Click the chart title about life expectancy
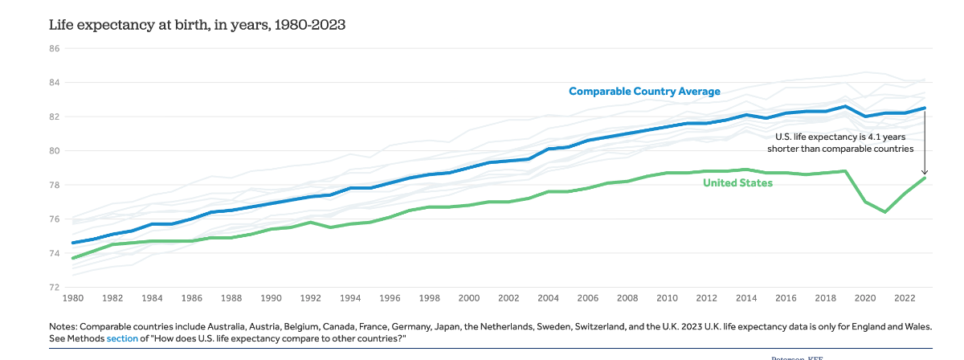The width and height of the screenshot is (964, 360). (197, 25)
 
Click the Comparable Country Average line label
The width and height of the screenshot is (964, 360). (644, 92)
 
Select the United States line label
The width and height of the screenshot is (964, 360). (737, 183)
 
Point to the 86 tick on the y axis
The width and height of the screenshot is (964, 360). (55, 48)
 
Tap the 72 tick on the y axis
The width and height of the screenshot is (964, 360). (55, 287)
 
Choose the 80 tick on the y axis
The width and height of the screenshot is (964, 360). (55, 150)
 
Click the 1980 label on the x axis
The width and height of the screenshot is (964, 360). (73, 298)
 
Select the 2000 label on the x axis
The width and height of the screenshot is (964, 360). (469, 298)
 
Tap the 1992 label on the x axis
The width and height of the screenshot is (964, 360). (311, 298)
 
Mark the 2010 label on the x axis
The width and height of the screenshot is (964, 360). (668, 298)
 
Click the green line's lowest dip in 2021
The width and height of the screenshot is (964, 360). (885, 211)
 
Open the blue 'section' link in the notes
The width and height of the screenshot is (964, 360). (122, 339)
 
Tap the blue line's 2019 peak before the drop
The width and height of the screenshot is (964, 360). (845, 106)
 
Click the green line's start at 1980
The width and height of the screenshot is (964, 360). (73, 258)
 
